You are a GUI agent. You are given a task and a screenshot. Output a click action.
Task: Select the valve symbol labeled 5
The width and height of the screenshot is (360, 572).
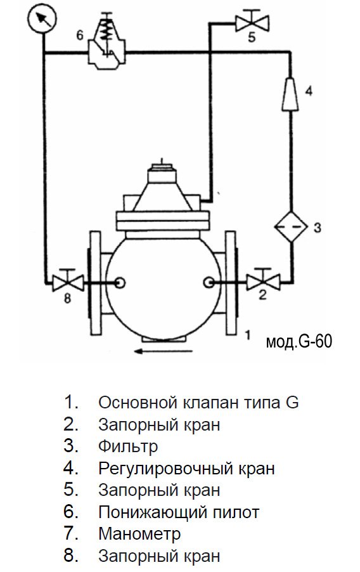click(x=252, y=23)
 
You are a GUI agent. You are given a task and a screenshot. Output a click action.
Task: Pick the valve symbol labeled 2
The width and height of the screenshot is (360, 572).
click(x=263, y=280)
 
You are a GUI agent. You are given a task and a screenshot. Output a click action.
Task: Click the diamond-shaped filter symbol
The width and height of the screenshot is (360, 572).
click(x=291, y=226)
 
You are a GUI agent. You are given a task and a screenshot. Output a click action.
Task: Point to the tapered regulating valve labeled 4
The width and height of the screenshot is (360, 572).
click(x=290, y=93)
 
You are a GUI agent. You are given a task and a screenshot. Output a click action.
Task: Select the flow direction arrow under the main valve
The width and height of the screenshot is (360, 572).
click(x=163, y=351)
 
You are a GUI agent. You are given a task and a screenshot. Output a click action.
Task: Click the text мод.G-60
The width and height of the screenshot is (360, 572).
click(x=299, y=342)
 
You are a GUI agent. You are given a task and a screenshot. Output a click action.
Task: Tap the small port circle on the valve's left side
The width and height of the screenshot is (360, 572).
click(x=120, y=282)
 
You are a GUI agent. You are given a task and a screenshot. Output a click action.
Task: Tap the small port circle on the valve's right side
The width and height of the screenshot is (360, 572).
click(x=209, y=282)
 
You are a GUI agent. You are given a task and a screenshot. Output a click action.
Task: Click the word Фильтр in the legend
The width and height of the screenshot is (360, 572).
click(x=128, y=446)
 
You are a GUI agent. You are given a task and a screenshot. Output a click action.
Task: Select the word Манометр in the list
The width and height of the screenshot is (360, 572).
click(x=139, y=534)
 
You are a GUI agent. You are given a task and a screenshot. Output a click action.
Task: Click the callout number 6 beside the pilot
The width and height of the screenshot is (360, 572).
click(x=79, y=35)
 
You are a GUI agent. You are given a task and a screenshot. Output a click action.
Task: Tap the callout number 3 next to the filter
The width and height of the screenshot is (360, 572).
click(x=318, y=228)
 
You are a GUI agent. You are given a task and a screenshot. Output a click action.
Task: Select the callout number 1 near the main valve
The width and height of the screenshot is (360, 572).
click(x=248, y=335)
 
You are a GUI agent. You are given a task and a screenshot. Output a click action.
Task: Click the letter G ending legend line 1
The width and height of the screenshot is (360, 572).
click(x=292, y=403)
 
